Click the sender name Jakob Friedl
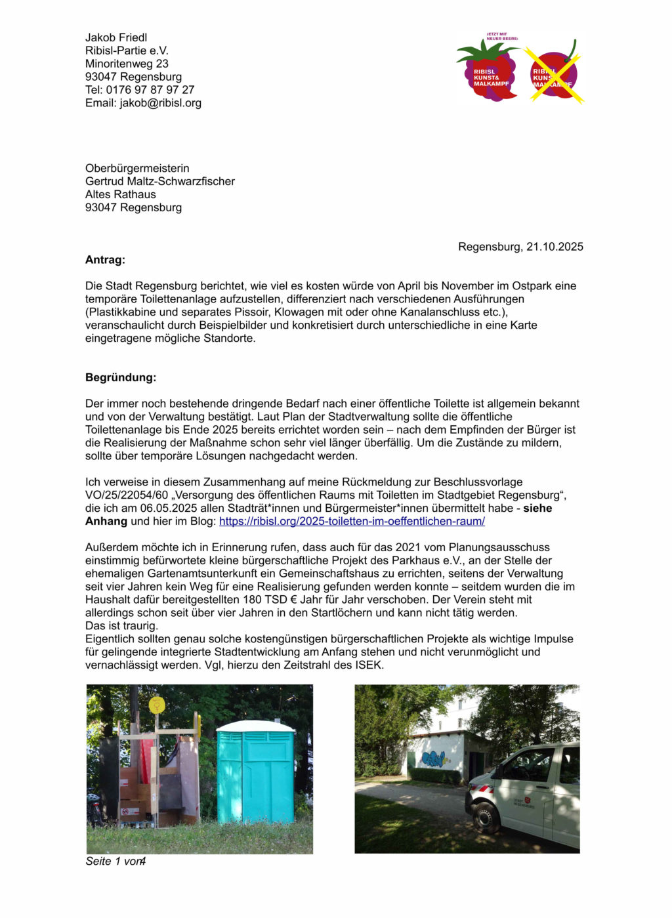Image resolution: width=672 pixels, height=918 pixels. click(x=116, y=37)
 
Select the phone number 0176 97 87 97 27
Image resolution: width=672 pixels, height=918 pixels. click(x=150, y=90)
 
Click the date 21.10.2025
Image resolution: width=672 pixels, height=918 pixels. click(x=555, y=247)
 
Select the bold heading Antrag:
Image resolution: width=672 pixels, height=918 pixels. click(x=105, y=260)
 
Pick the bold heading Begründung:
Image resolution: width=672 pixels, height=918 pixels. click(x=121, y=378)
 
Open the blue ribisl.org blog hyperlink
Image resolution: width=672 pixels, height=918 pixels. click(x=352, y=522)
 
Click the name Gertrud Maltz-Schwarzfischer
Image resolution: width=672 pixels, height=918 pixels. click(x=160, y=181)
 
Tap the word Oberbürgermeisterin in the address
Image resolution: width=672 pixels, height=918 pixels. click(x=137, y=169)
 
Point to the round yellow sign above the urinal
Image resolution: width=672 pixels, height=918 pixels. click(x=157, y=705)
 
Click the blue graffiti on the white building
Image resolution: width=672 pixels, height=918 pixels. click(x=434, y=759)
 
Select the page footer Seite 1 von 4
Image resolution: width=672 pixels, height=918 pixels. click(x=115, y=862)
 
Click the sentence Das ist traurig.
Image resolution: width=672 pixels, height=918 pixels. click(x=121, y=626)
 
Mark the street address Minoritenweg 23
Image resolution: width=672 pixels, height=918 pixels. click(x=127, y=64)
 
